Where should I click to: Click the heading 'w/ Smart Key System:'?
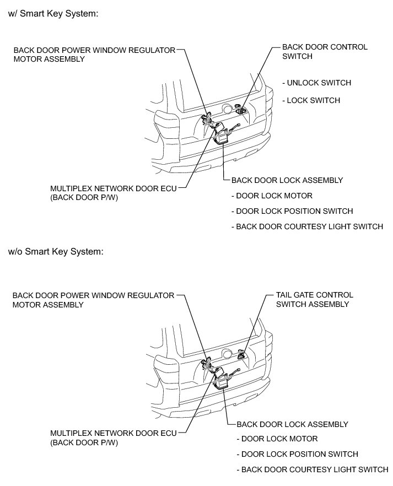(x=53, y=14)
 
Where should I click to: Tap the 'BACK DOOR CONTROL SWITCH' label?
(x=324, y=51)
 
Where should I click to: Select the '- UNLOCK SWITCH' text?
(x=316, y=83)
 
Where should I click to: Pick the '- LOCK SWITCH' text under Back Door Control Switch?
(x=311, y=100)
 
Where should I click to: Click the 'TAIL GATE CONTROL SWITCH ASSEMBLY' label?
(x=314, y=299)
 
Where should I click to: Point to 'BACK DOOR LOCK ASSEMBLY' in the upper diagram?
(x=287, y=180)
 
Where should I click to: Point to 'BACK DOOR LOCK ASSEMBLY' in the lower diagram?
(x=292, y=424)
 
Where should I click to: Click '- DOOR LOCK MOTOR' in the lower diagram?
(x=277, y=439)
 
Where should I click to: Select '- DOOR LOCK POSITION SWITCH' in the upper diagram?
(x=292, y=211)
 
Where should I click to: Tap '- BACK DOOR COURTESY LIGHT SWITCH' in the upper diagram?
(x=307, y=226)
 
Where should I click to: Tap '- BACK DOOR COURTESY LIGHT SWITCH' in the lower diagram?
(x=312, y=469)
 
